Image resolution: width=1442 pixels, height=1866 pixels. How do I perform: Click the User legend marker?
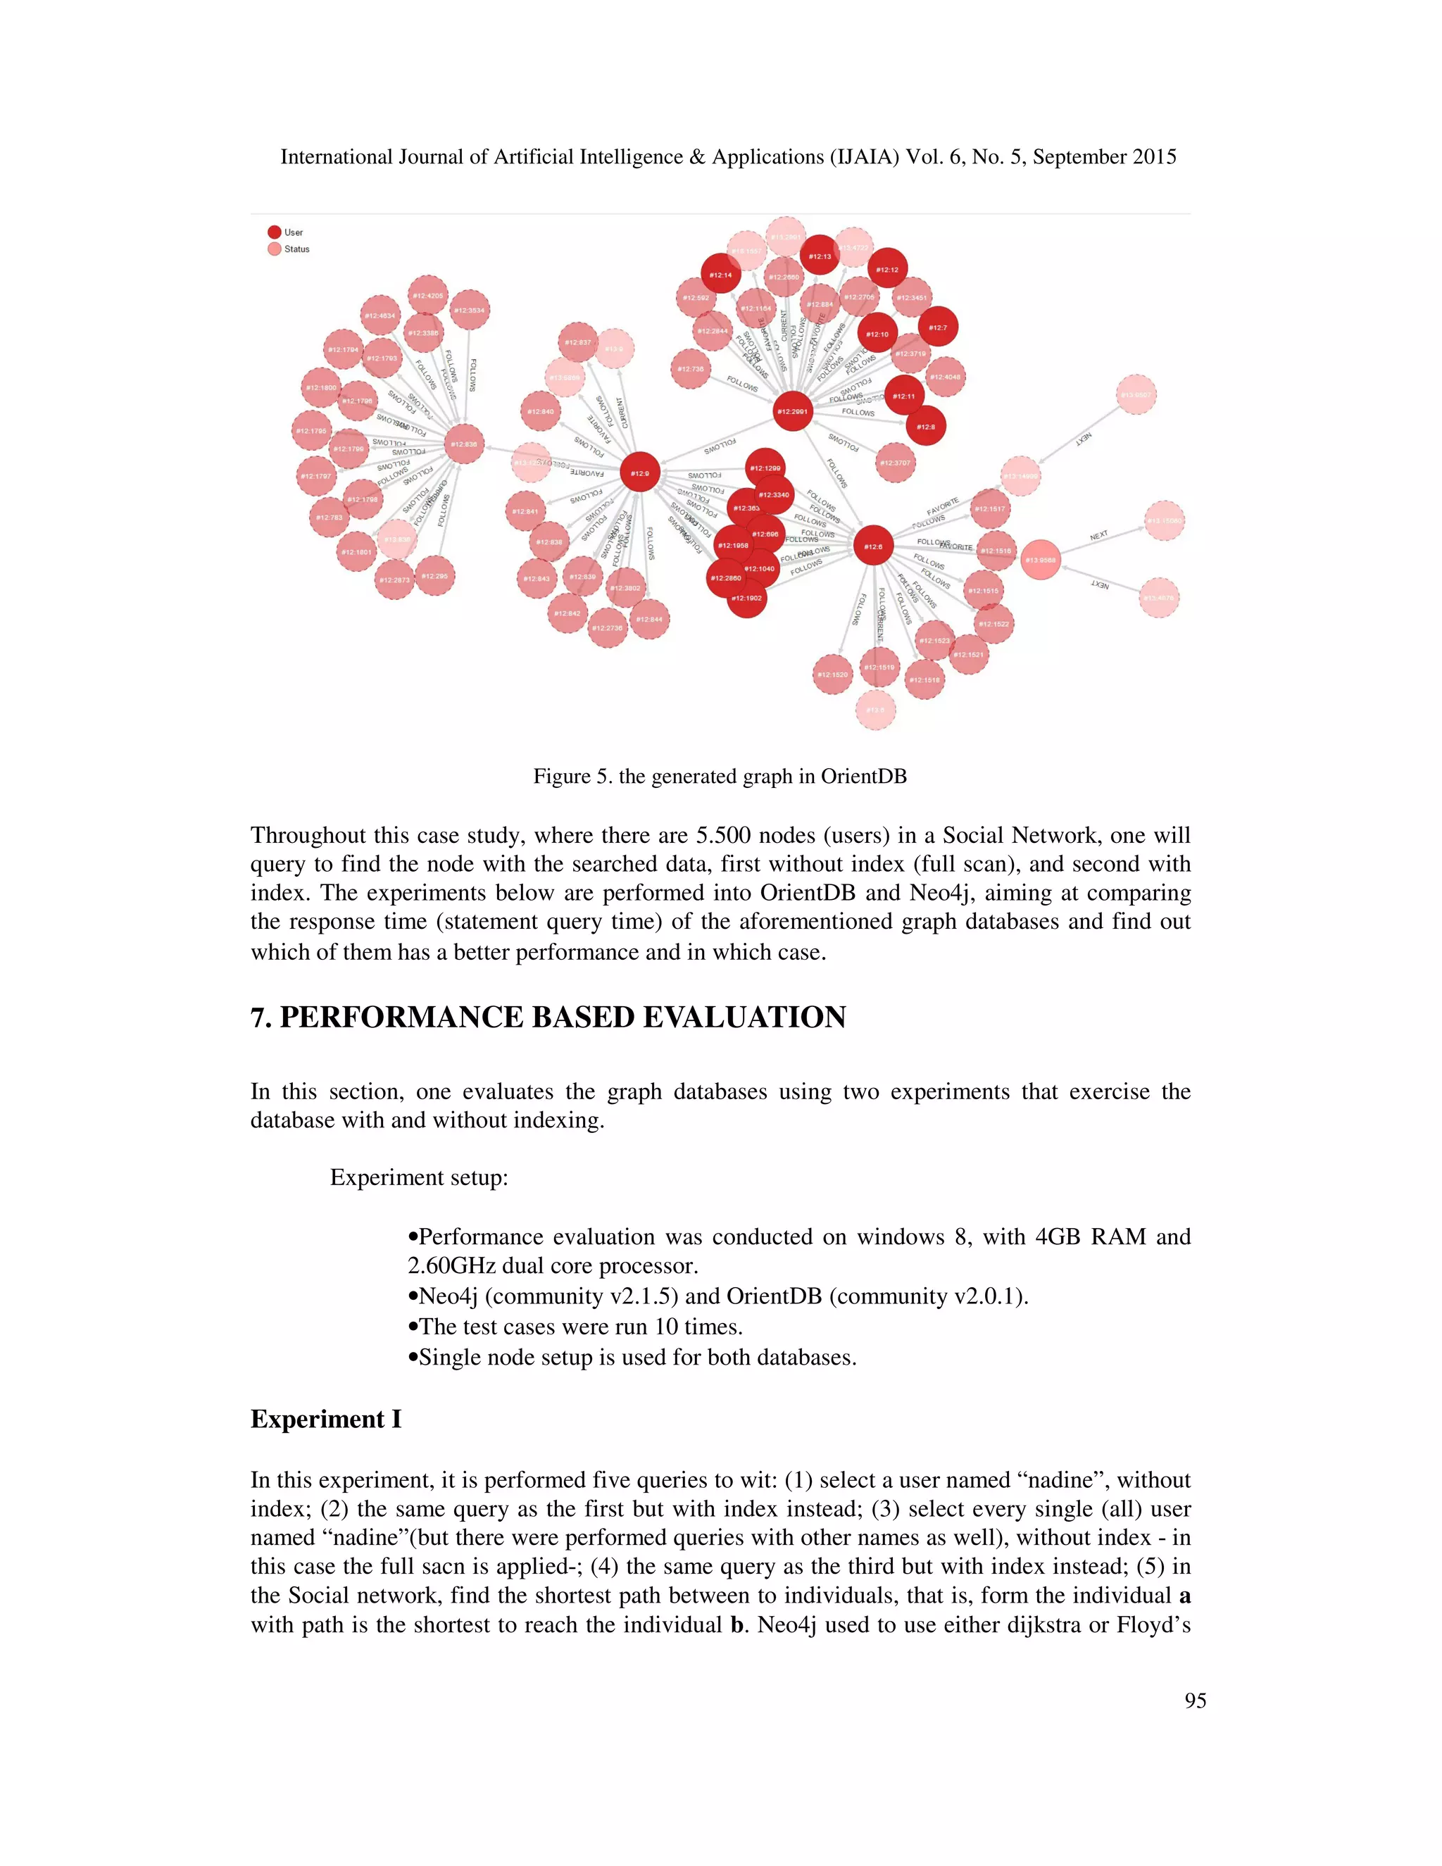pos(274,232)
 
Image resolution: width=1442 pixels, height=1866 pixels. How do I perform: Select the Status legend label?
pos(296,249)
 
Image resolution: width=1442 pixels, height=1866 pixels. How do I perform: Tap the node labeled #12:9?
pos(640,472)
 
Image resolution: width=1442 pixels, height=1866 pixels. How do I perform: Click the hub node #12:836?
pos(465,444)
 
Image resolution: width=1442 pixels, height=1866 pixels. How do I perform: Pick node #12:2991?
pos(792,412)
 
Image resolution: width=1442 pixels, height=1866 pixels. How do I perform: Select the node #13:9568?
pos(1041,561)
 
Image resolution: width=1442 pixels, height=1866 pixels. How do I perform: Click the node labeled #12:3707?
pos(896,463)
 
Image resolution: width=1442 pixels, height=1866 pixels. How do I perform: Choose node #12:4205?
pos(428,296)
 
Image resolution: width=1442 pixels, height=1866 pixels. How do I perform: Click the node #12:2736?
pos(608,628)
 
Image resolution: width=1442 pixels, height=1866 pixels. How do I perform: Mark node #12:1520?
pos(833,674)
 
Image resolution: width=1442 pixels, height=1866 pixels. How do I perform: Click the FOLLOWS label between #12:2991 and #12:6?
pos(837,472)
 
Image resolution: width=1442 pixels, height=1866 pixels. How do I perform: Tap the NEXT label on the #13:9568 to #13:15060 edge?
pos(1098,536)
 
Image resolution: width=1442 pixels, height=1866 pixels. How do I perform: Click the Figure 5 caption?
pos(720,776)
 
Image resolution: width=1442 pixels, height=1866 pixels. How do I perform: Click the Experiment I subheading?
pos(325,1419)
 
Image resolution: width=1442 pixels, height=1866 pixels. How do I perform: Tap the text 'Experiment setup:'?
pos(419,1177)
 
